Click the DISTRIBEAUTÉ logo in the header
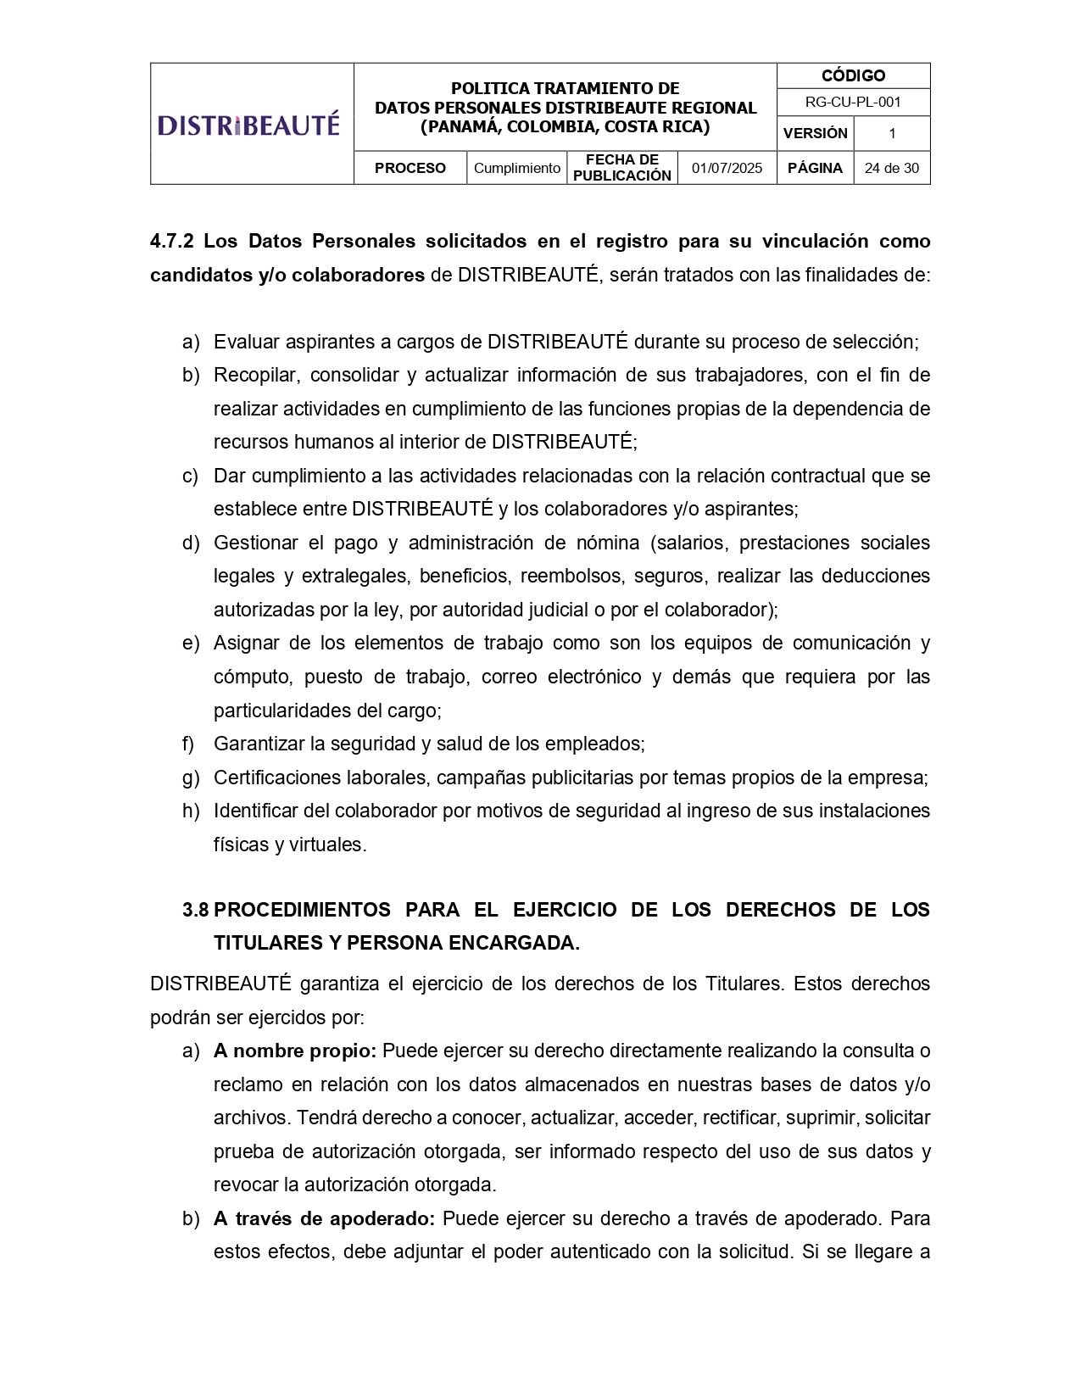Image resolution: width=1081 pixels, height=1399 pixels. point(248,125)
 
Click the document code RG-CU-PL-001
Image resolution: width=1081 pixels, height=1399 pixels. point(853,102)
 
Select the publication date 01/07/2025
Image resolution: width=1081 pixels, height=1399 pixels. point(727,168)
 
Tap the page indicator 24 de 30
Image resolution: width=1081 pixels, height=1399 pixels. point(891,168)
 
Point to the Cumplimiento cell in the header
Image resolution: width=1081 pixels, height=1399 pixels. point(516,168)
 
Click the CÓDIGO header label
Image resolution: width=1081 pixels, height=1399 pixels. point(853,75)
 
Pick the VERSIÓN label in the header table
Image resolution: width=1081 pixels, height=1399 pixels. point(815,133)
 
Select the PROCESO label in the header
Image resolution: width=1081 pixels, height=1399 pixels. point(410,168)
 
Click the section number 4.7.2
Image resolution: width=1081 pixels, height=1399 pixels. point(171,241)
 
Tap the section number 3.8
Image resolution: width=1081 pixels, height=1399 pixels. point(195,910)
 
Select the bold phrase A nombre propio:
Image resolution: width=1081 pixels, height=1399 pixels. point(294,1051)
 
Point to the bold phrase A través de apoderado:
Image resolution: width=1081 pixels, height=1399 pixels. point(324,1218)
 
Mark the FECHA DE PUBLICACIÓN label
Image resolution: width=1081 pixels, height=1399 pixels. point(621,168)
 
